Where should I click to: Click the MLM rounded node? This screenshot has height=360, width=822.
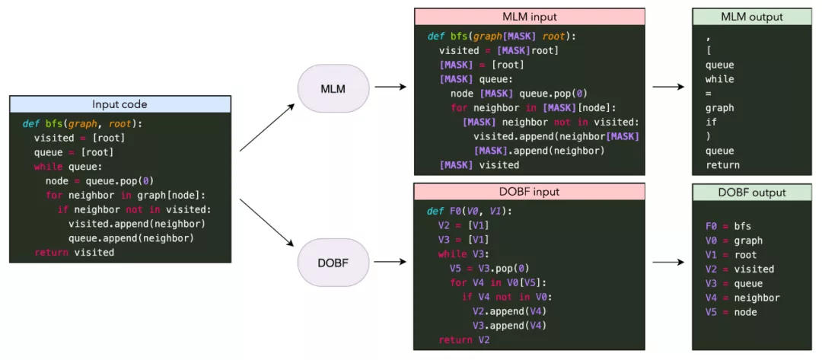[x=333, y=89]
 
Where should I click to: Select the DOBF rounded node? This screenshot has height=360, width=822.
[x=333, y=261]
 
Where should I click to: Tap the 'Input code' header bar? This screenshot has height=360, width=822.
[x=119, y=104]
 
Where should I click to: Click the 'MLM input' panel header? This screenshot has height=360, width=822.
[x=529, y=17]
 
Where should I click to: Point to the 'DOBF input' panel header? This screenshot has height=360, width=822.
[x=529, y=192]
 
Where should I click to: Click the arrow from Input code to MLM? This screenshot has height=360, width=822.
[x=267, y=127]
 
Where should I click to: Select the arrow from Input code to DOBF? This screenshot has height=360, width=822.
[x=267, y=223]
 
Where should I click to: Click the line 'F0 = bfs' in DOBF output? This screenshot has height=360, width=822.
[x=728, y=226]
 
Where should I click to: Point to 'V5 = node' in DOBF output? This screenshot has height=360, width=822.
[x=731, y=312]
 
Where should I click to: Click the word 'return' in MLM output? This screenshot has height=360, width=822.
[x=722, y=164]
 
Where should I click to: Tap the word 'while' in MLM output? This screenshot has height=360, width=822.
[x=719, y=79]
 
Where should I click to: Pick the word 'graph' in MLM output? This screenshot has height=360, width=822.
[x=719, y=108]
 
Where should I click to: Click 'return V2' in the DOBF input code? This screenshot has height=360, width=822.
[x=464, y=339]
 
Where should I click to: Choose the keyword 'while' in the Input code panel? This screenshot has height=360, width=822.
[x=49, y=167]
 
